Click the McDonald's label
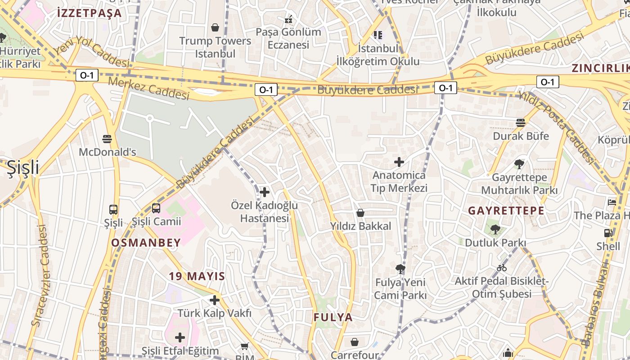click(107, 152)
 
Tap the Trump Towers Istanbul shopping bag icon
click(215, 27)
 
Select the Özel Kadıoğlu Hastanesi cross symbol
click(265, 193)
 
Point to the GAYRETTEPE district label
click(506, 211)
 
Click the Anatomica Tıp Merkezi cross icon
click(399, 162)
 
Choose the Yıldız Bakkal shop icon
click(360, 213)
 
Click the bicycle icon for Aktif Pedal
click(502, 268)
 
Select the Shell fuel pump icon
click(608, 233)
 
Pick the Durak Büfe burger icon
click(521, 122)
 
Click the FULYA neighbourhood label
click(333, 317)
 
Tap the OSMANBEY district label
click(146, 243)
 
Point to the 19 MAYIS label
click(197, 276)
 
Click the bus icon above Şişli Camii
click(156, 208)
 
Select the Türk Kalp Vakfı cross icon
click(215, 300)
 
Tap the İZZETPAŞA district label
click(90, 13)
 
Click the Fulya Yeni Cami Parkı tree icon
click(400, 269)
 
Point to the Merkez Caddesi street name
click(148, 89)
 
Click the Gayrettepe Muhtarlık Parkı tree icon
click(519, 164)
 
